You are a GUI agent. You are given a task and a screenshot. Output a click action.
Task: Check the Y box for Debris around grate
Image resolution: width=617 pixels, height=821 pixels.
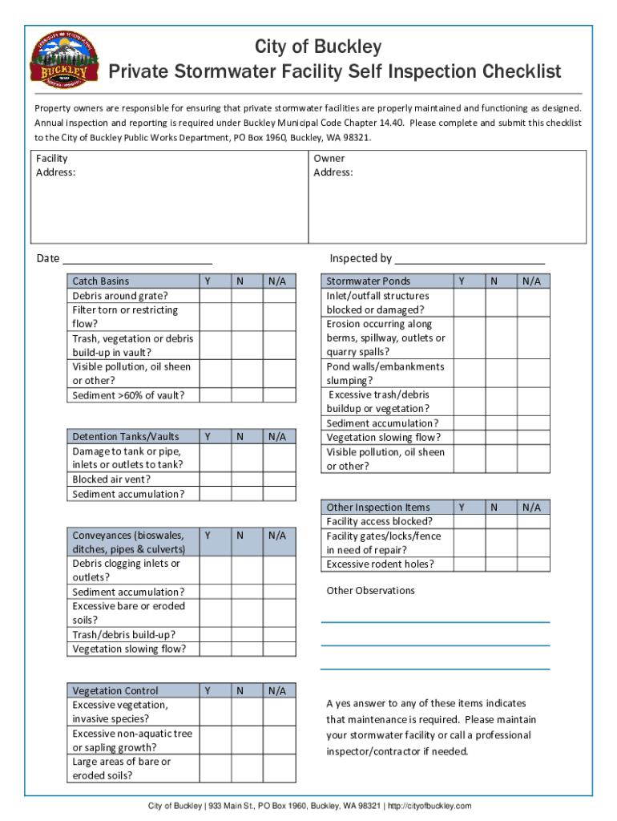(x=215, y=296)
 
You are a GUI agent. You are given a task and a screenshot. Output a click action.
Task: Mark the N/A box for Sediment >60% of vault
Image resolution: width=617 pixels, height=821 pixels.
(x=278, y=395)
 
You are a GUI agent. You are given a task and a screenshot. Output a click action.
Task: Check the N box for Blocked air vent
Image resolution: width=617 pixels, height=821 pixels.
(x=247, y=480)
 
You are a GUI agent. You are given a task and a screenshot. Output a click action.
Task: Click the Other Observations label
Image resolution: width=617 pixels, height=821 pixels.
(x=370, y=591)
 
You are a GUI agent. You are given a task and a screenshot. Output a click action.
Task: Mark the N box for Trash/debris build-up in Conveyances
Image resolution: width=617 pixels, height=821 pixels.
(x=247, y=635)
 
